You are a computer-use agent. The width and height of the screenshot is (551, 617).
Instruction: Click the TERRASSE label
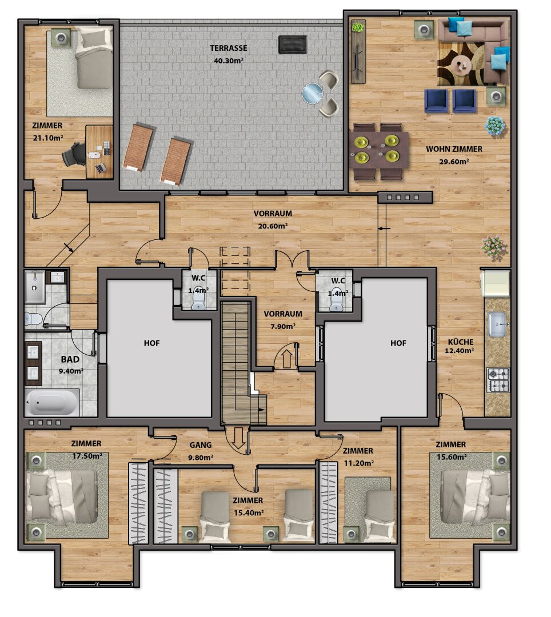[x=228, y=48]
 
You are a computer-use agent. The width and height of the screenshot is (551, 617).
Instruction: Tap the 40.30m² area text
[x=228, y=61]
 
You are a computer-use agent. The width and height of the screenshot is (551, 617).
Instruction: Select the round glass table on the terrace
[x=313, y=94]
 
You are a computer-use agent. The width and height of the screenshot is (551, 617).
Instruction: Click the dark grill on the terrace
[x=293, y=45]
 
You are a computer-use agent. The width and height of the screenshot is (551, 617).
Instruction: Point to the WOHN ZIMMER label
[x=454, y=149]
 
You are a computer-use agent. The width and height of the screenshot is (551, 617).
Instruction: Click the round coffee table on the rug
[x=461, y=64]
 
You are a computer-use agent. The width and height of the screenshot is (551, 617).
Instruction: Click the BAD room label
[x=70, y=359]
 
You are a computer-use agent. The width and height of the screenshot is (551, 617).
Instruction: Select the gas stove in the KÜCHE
[x=498, y=380]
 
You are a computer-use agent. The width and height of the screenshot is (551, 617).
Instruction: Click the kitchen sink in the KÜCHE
[x=497, y=324]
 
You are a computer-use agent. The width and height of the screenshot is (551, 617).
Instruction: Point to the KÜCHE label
[x=461, y=342]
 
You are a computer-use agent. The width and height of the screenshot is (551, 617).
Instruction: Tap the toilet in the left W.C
[x=198, y=303]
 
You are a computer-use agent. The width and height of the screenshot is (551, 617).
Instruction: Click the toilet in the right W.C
[x=336, y=303]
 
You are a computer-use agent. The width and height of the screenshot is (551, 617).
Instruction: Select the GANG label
[x=200, y=445]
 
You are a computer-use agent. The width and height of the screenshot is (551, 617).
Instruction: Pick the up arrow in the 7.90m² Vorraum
[x=287, y=358]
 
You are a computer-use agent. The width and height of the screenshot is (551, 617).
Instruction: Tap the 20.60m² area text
[x=272, y=226]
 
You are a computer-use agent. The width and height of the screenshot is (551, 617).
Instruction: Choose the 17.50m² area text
[x=87, y=456]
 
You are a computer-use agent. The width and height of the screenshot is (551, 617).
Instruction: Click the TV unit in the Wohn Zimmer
[x=358, y=51]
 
